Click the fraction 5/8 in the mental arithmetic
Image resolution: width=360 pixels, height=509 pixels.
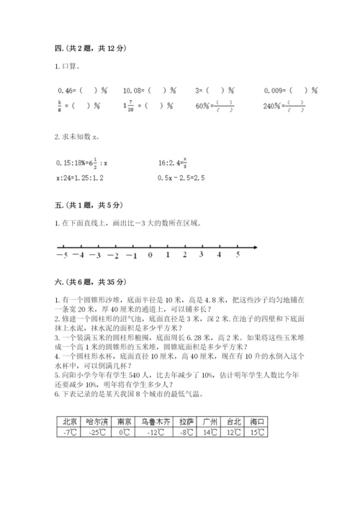click(x=59, y=106)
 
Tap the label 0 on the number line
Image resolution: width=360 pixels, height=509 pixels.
click(x=150, y=255)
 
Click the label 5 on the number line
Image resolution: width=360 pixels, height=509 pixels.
click(x=238, y=255)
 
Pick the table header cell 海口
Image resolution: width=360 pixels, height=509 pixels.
click(x=256, y=422)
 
